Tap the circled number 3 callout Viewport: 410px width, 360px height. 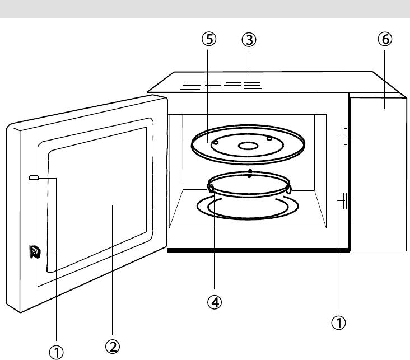pyautogui.click(x=249, y=40)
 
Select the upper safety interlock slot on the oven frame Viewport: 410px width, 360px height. pyautogui.click(x=344, y=135)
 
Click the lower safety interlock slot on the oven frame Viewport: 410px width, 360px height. pyautogui.click(x=344, y=200)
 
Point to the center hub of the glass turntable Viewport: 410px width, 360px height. pyautogui.click(x=248, y=146)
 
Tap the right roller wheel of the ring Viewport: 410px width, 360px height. pyautogui.click(x=288, y=190)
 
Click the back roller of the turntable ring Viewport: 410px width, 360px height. pyautogui.click(x=250, y=172)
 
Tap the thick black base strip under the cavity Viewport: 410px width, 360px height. pyautogui.click(x=258, y=251)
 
